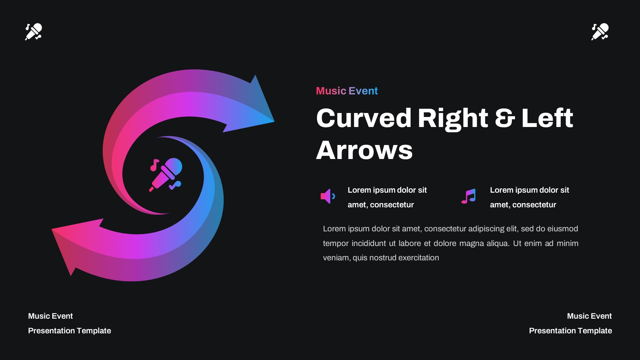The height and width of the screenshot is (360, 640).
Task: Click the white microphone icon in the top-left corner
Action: pos(34,32)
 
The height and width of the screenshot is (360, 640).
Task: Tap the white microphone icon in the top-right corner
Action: pos(600,32)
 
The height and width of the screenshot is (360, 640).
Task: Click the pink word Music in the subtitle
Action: pos(331,91)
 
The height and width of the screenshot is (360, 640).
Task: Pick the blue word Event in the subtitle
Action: pos(363,91)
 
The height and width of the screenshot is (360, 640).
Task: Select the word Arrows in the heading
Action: pos(364,150)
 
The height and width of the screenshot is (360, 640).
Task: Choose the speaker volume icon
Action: pos(327,196)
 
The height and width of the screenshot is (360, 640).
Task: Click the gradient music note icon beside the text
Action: pos(469,196)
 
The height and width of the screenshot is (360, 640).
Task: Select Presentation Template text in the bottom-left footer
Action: pos(69,331)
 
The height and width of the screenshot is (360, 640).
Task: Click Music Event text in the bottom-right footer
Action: pos(589,316)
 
